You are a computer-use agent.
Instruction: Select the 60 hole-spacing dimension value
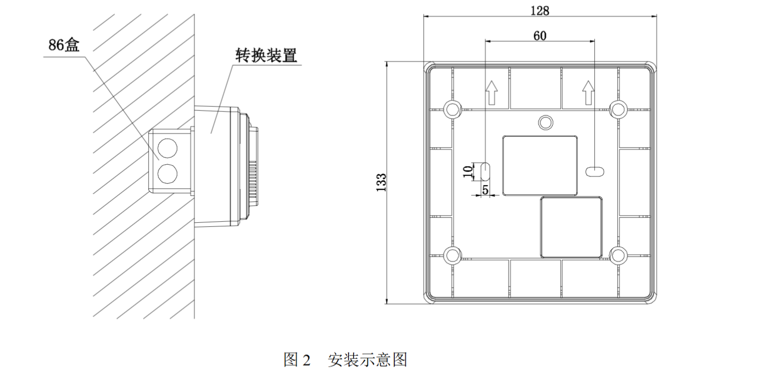(x=540, y=36)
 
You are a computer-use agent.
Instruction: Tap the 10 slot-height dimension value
(x=468, y=171)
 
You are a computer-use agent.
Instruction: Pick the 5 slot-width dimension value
(x=485, y=190)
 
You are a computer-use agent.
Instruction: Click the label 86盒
(x=64, y=45)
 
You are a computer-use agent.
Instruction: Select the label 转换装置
(x=266, y=55)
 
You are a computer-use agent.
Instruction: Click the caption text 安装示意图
(x=367, y=360)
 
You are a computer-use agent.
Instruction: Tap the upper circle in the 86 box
(x=166, y=148)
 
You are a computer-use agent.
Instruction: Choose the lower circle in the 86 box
(x=166, y=173)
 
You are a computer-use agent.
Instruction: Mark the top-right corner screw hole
(x=618, y=108)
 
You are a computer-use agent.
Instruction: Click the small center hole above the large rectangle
(x=546, y=122)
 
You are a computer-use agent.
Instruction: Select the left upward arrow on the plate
(x=491, y=92)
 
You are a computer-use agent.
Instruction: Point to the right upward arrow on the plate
(x=588, y=92)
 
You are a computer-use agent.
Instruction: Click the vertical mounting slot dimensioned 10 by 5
(x=485, y=171)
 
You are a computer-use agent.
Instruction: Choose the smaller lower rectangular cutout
(x=572, y=227)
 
